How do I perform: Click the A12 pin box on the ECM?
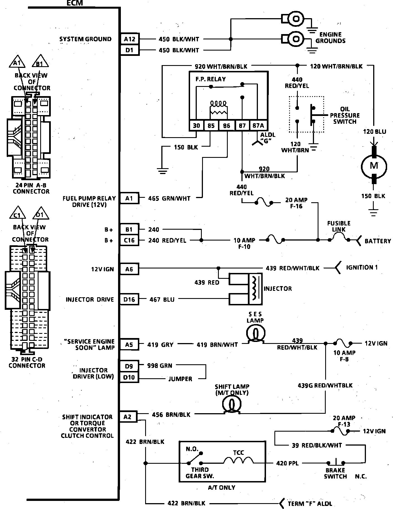pos(130,39)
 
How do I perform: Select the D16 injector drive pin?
pos(129,299)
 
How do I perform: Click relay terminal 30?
pos(196,126)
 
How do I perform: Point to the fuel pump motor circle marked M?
pos(374,166)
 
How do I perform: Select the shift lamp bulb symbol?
pos(231,404)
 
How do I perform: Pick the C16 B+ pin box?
pos(129,240)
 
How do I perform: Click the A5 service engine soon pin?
pos(129,344)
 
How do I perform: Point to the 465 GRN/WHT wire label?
pos(169,199)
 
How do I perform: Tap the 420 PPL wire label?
pos(287,463)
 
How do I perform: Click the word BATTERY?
pos(378,241)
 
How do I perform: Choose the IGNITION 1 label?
pos(362,268)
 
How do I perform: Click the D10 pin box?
pos(129,377)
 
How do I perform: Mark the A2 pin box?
pos(128,417)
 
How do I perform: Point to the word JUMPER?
pos(180,379)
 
